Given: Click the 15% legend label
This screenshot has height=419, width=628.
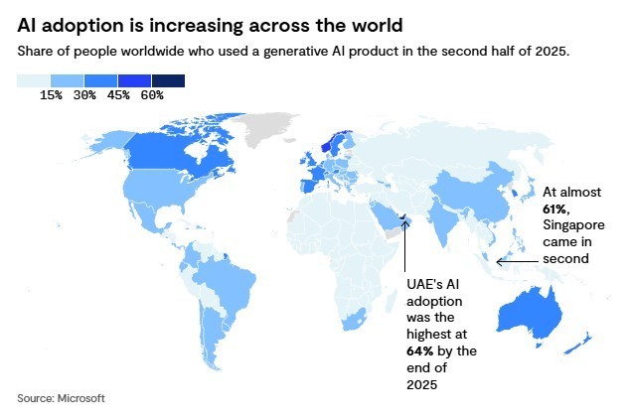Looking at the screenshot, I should (x=51, y=95).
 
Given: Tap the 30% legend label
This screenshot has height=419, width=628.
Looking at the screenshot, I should (x=84, y=95).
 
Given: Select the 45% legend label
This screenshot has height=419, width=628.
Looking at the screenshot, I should (x=118, y=95).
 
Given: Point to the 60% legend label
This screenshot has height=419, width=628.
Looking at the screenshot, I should (x=152, y=95).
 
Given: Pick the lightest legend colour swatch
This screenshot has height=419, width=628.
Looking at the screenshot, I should (x=34, y=80).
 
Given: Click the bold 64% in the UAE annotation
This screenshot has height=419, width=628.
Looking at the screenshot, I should (x=418, y=350).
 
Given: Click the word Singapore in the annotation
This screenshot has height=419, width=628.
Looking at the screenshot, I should (x=574, y=225).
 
